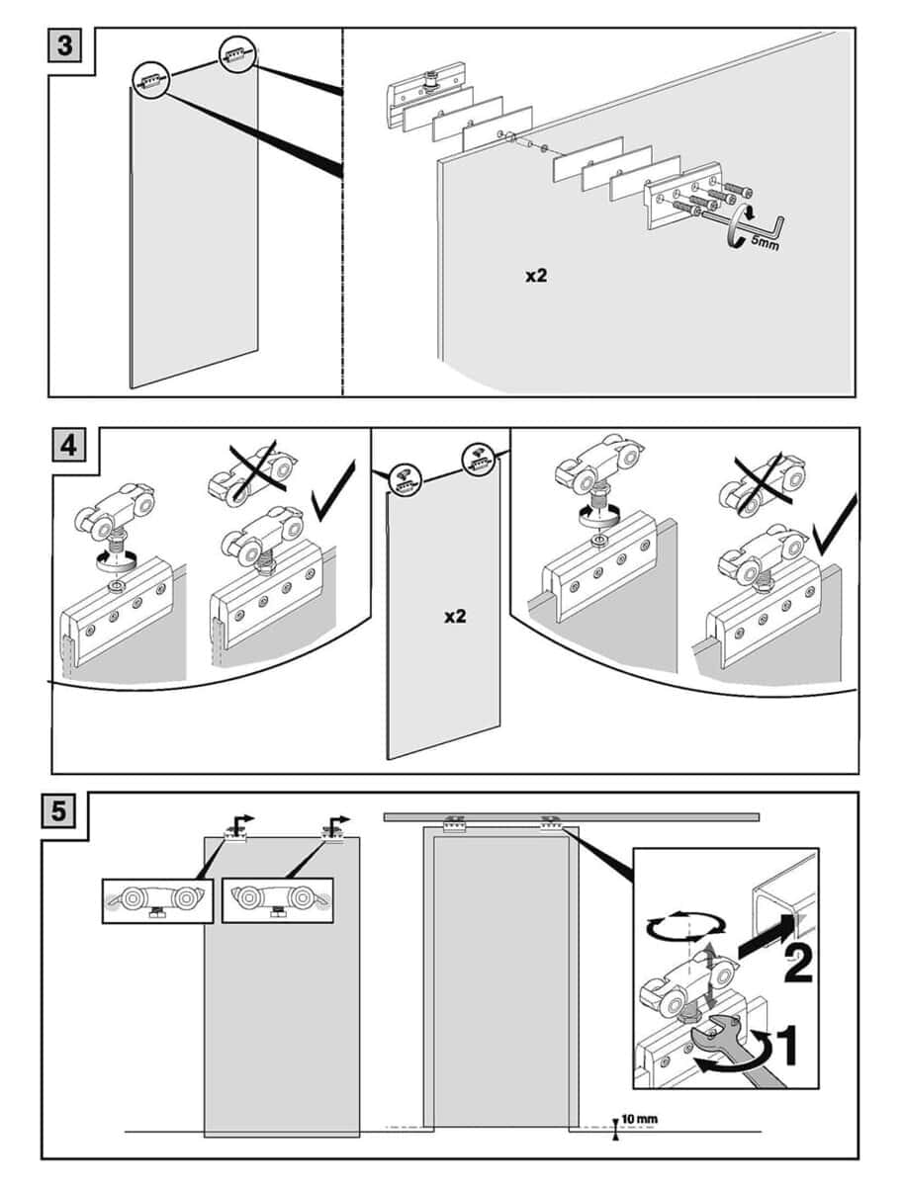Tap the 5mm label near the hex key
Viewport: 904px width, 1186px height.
click(763, 240)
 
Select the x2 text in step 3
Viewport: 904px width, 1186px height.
click(536, 276)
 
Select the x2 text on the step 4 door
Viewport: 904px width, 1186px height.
click(454, 617)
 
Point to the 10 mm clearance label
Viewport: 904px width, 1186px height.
click(639, 1120)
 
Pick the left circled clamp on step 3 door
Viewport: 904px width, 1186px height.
click(150, 80)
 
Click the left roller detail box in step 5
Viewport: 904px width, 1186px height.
click(157, 900)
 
